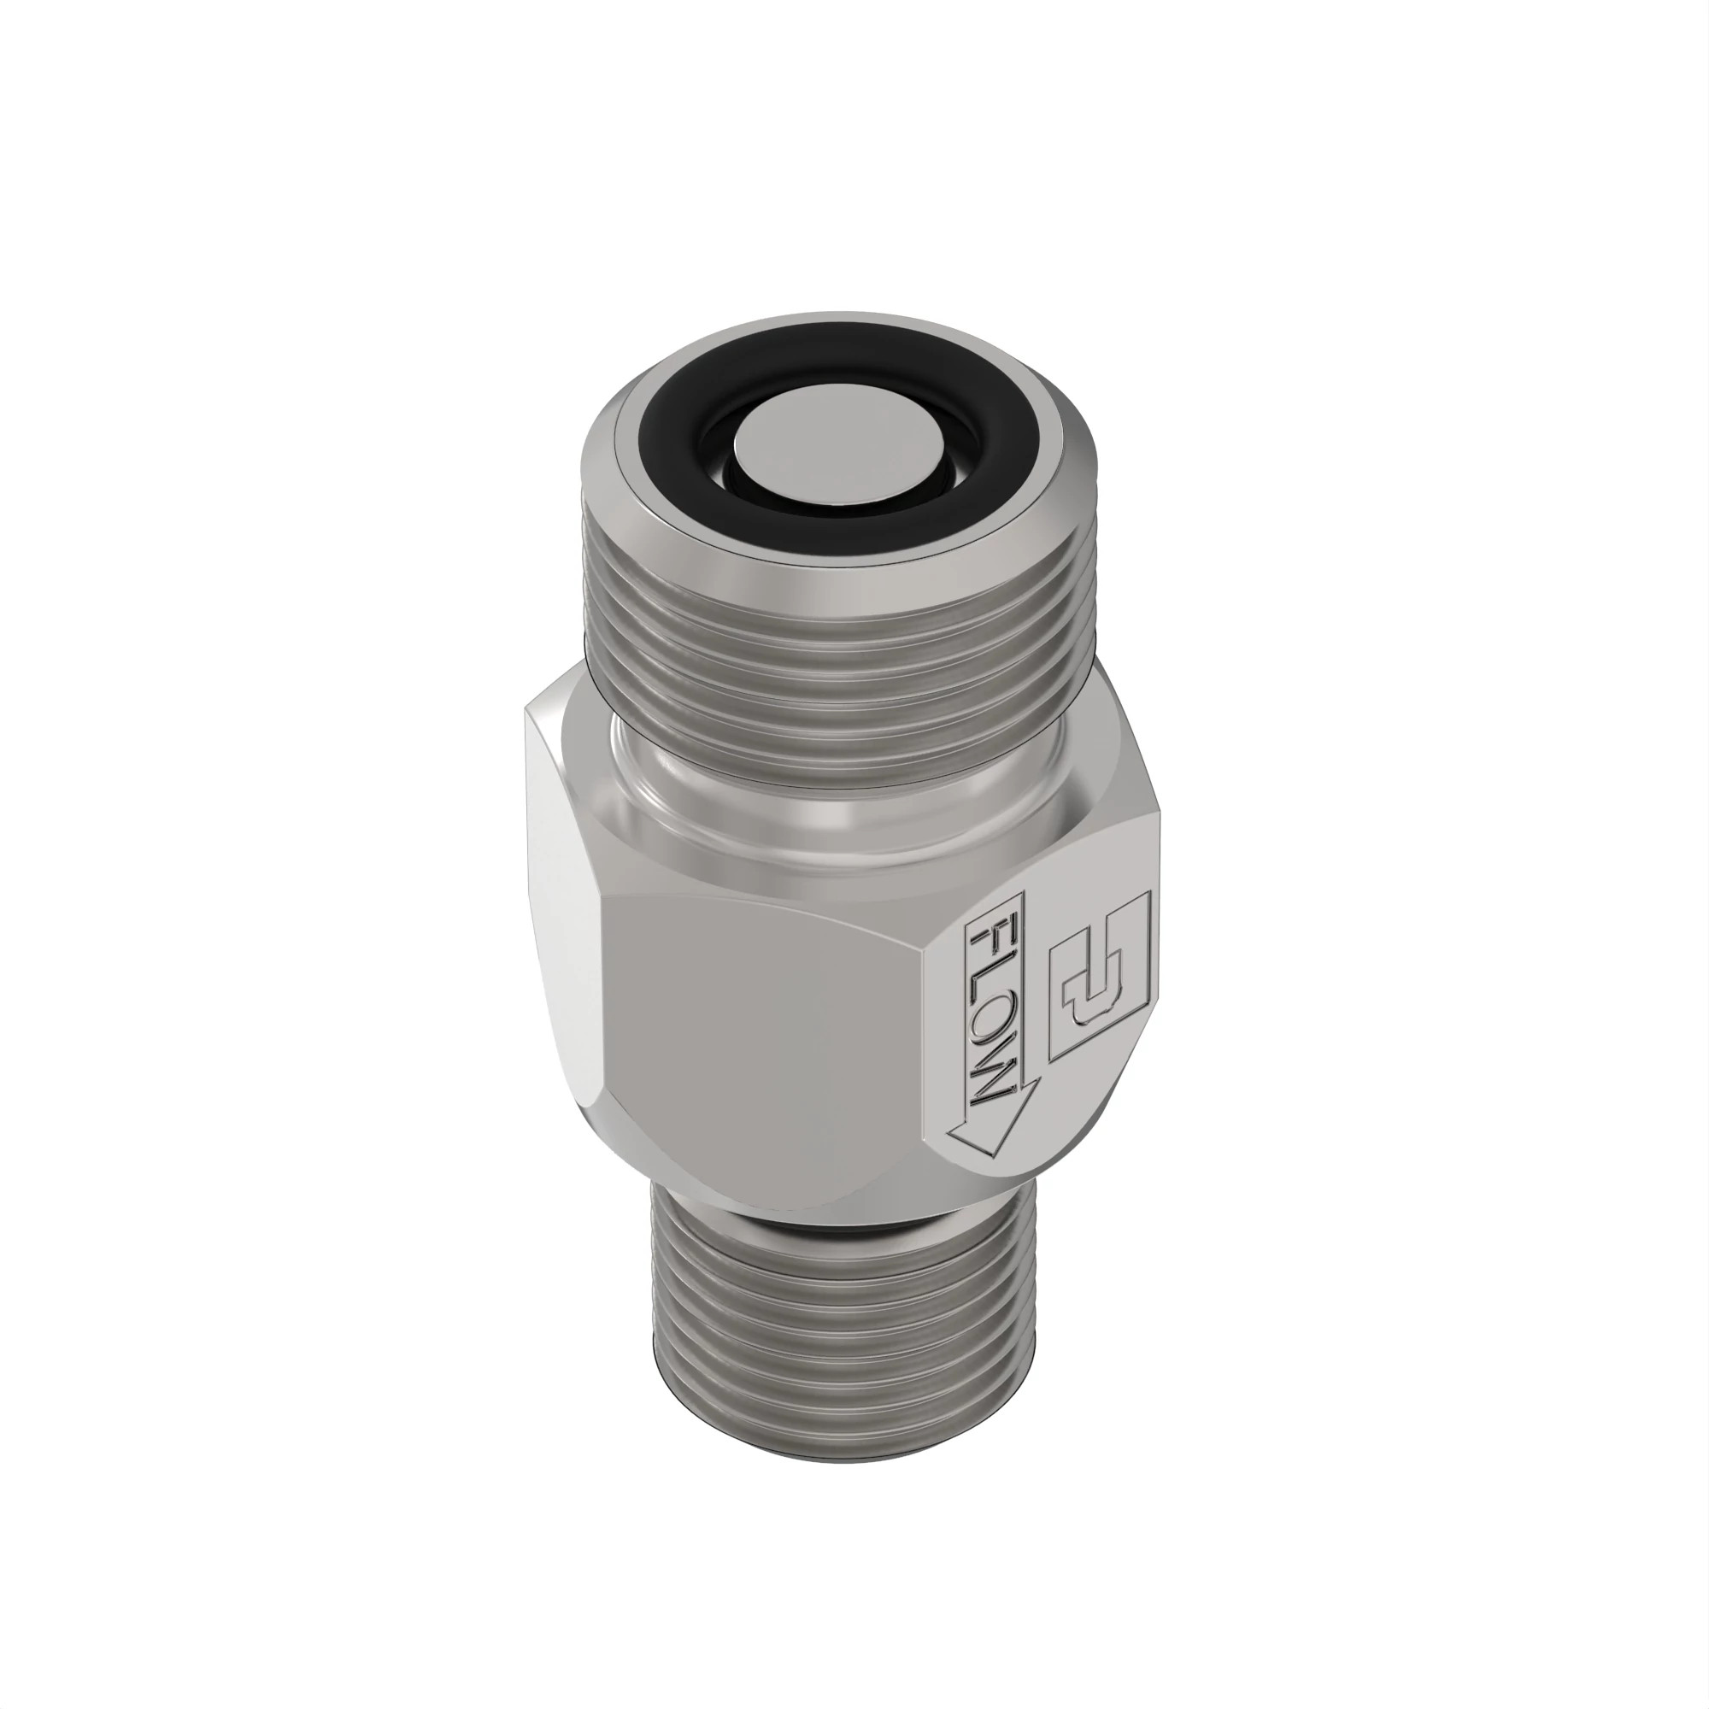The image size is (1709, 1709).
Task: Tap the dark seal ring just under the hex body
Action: (x=840, y=1226)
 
